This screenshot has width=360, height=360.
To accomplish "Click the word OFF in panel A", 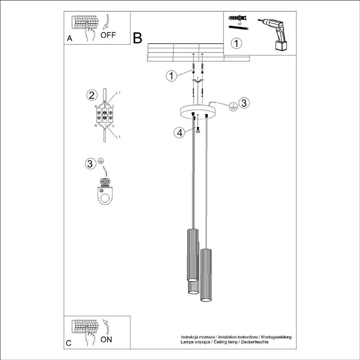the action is (108, 35).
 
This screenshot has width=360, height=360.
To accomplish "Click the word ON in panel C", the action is (107, 340).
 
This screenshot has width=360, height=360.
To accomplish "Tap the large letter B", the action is (137, 38).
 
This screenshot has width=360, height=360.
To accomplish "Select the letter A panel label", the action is (70, 39).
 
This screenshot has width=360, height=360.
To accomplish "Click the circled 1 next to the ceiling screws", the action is (171, 76).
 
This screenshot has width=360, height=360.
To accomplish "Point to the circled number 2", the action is (91, 95).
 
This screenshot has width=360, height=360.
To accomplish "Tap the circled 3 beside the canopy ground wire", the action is (244, 103).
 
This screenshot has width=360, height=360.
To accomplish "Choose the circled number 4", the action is (180, 133).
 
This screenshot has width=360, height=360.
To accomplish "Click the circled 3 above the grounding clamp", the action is (90, 163).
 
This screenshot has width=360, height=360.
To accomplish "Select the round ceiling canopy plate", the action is (199, 111).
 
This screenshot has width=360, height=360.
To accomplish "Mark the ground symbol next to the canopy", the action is (232, 108).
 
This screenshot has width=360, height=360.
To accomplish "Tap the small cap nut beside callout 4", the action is (198, 131).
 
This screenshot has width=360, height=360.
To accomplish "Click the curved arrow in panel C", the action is (105, 327).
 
